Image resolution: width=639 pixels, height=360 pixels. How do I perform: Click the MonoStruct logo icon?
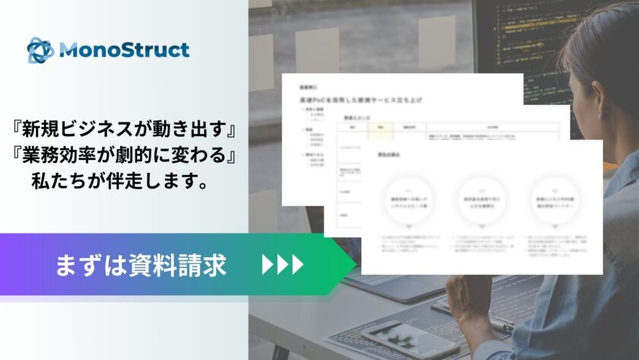[x=40, y=50]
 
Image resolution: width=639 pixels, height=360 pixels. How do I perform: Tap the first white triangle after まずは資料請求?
[x=267, y=264]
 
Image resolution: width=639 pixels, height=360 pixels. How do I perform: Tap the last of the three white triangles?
[x=297, y=264]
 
